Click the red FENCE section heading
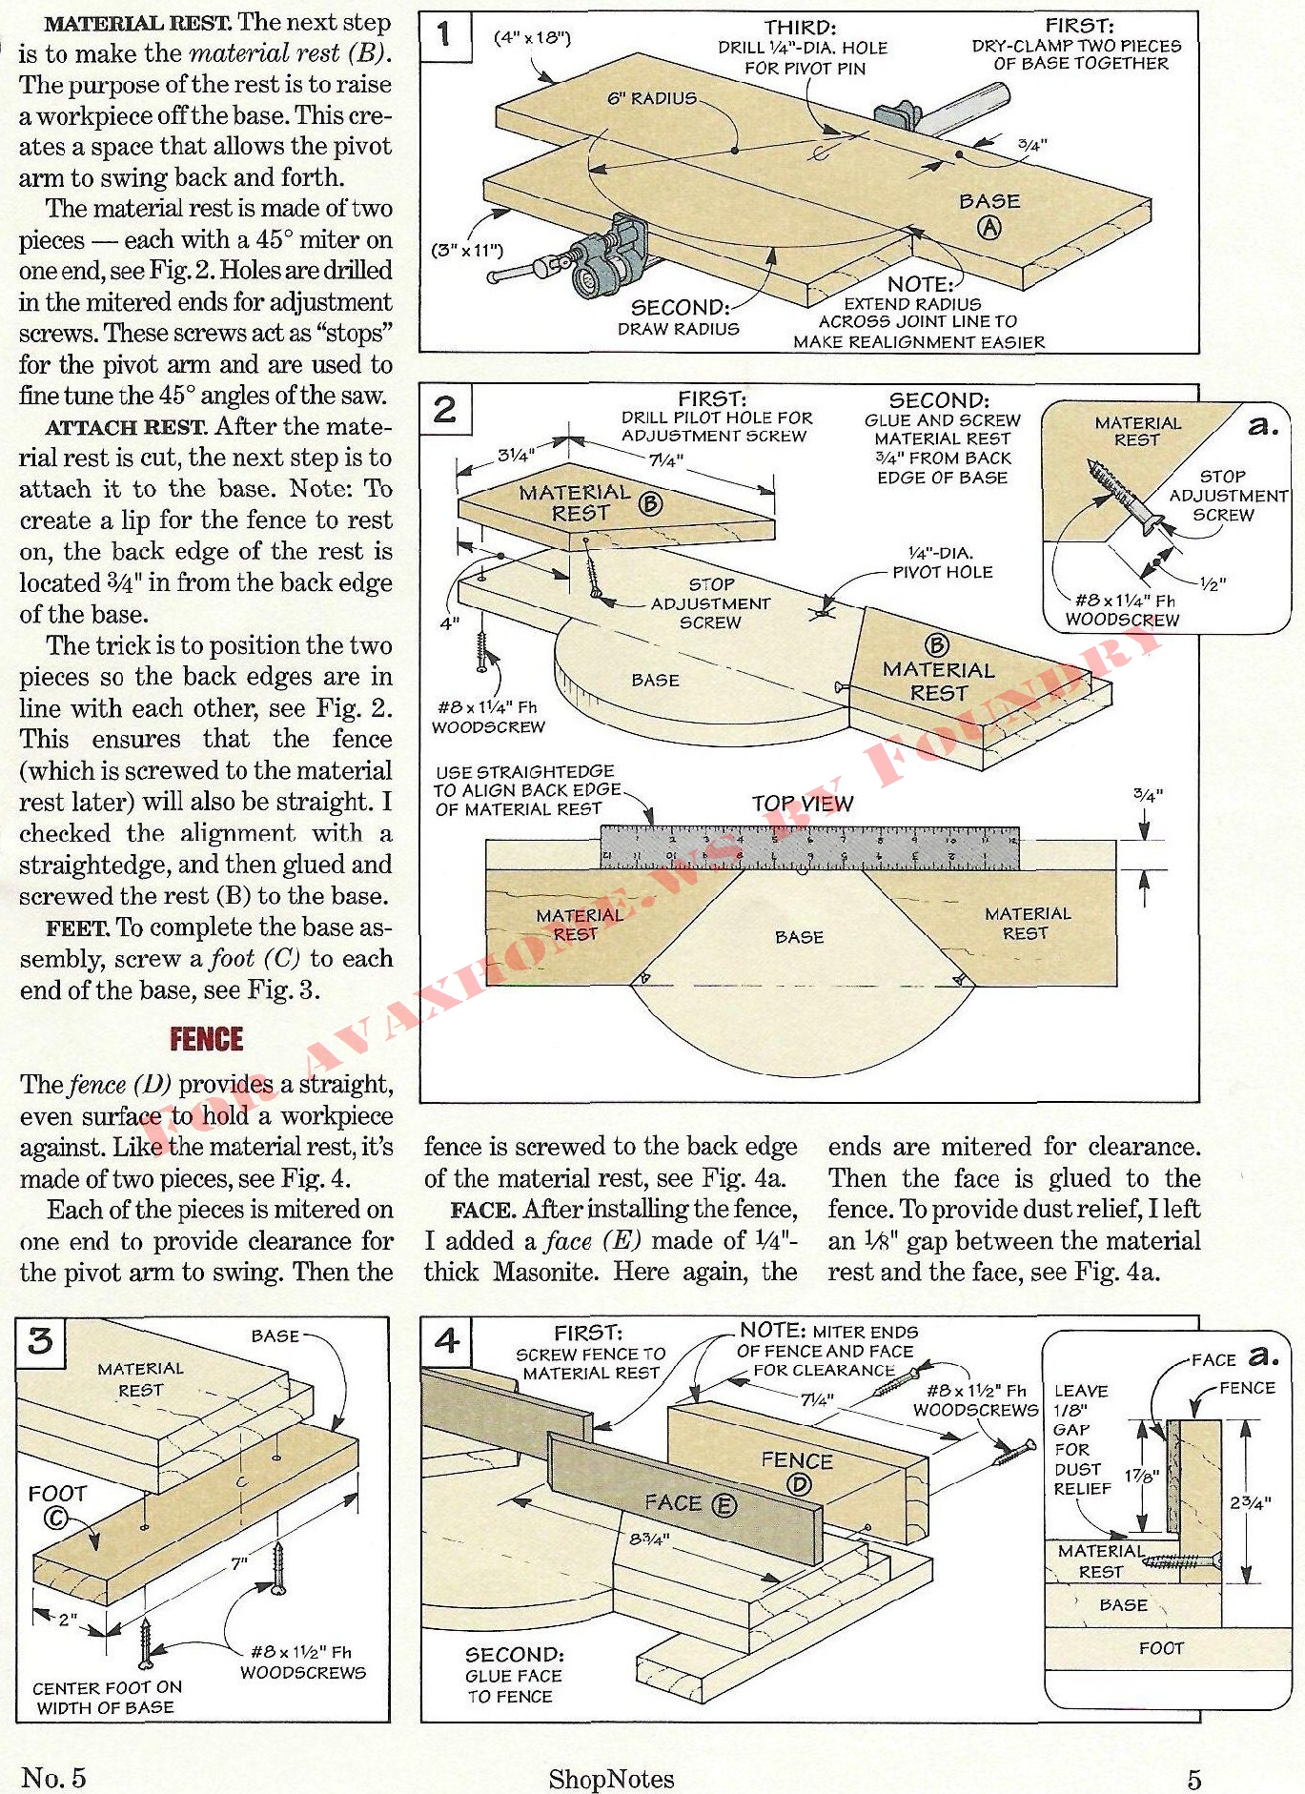click(206, 1039)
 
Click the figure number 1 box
click(444, 35)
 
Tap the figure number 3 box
click(40, 1341)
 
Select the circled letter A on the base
click(990, 227)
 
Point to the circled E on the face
click(724, 1505)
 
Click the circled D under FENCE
click(798, 1484)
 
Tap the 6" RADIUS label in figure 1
click(652, 98)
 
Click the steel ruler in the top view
click(808, 847)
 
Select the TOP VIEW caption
click(802, 804)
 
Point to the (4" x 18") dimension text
click(532, 38)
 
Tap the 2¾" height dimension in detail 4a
click(1250, 1502)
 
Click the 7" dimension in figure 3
click(238, 1564)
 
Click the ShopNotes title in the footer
click(611, 1779)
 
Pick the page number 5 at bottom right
click(1193, 1779)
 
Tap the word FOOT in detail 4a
click(1160, 1648)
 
